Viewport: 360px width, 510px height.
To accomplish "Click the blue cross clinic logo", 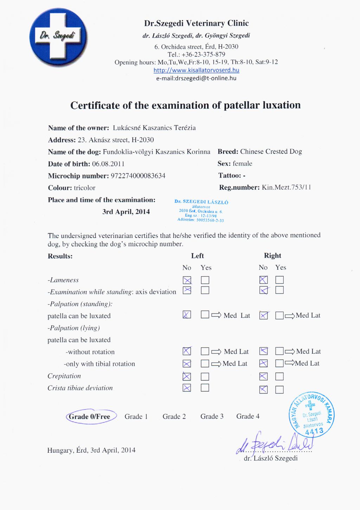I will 58,37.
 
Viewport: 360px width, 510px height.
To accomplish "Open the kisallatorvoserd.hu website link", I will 196,70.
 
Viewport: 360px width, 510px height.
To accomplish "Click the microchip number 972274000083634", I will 138,176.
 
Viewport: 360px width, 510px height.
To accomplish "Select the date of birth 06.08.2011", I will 108,164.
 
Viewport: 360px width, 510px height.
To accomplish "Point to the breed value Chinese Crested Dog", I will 271,151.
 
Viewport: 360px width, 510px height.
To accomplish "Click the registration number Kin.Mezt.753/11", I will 286,187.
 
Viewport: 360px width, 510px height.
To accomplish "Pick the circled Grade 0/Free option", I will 90,417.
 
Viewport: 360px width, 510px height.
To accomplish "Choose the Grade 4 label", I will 248,416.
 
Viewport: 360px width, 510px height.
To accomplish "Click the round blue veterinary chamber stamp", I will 311,415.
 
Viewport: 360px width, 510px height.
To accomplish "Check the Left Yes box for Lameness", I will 205,280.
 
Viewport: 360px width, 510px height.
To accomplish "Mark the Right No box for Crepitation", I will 263,376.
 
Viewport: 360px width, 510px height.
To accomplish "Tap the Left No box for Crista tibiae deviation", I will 187,388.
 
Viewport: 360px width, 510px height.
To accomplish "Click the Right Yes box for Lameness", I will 279,280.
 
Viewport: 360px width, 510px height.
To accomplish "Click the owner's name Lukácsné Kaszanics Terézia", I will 154,128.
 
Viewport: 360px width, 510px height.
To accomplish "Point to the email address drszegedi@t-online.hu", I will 196,78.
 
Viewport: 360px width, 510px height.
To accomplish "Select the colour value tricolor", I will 84,188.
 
